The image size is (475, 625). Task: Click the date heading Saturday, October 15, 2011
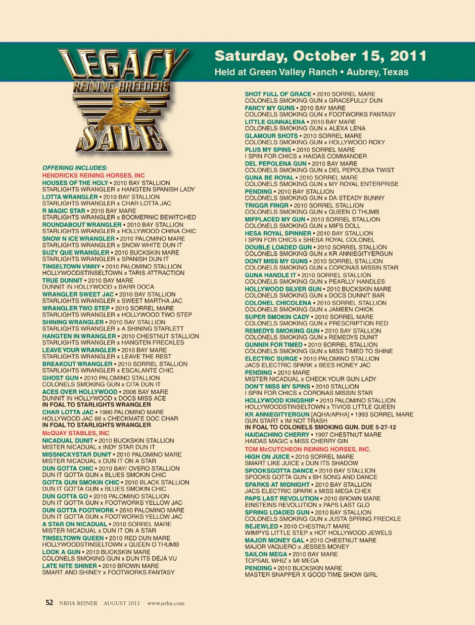(x=320, y=56)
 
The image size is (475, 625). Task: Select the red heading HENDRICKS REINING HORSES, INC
(x=94, y=175)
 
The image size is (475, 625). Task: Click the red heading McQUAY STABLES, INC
(x=76, y=433)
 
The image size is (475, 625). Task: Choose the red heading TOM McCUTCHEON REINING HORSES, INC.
(x=307, y=450)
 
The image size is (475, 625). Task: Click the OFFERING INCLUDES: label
(x=75, y=168)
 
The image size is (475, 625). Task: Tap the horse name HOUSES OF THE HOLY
(x=75, y=183)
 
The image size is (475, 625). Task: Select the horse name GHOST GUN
(x=60, y=378)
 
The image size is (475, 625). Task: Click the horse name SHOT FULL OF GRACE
(x=278, y=94)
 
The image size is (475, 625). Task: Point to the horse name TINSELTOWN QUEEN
(x=73, y=538)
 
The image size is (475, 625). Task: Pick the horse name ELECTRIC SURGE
(x=271, y=359)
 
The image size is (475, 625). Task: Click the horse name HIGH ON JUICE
(x=267, y=457)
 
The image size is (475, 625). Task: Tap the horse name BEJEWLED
(x=261, y=527)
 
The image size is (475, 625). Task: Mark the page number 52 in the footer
(x=49, y=603)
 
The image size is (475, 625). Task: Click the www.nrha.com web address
(x=166, y=603)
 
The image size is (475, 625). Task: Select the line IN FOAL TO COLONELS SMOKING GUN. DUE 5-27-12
(x=320, y=427)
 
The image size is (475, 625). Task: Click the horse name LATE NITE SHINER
(x=69, y=566)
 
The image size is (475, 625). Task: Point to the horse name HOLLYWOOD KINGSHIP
(x=280, y=401)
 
